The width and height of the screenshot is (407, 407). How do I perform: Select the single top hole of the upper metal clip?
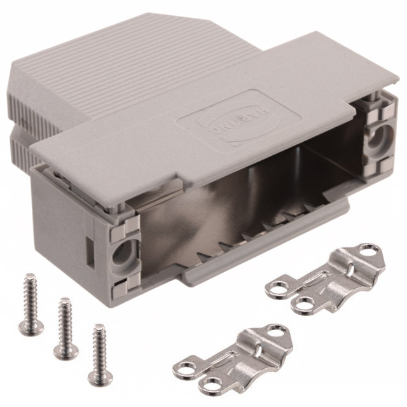(369, 250)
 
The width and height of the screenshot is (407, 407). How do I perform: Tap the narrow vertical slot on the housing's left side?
(86, 247)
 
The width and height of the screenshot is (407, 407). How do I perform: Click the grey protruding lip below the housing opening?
(267, 245)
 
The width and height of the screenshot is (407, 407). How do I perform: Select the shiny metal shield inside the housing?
(254, 184)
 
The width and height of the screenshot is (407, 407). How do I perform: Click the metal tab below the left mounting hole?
(121, 289)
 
